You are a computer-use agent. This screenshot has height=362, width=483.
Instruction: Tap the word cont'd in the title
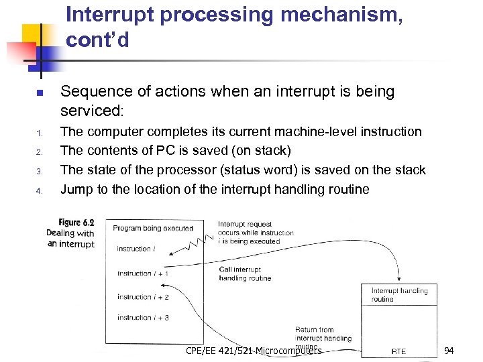98,40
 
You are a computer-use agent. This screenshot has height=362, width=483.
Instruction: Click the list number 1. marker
40,133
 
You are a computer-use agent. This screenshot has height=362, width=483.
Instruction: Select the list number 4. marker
40,190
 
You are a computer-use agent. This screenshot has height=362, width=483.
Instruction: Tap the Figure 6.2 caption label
76,222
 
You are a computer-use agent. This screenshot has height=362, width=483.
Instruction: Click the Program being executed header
153,228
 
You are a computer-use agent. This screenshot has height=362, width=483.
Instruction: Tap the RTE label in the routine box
398,351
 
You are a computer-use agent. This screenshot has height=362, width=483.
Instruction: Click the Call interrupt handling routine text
245,274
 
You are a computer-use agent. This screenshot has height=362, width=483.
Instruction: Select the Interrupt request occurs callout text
256,233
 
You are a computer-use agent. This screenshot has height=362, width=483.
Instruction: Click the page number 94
449,351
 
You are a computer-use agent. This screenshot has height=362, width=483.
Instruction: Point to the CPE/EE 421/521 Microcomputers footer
254,351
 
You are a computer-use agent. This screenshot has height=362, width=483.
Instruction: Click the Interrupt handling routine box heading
399,295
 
